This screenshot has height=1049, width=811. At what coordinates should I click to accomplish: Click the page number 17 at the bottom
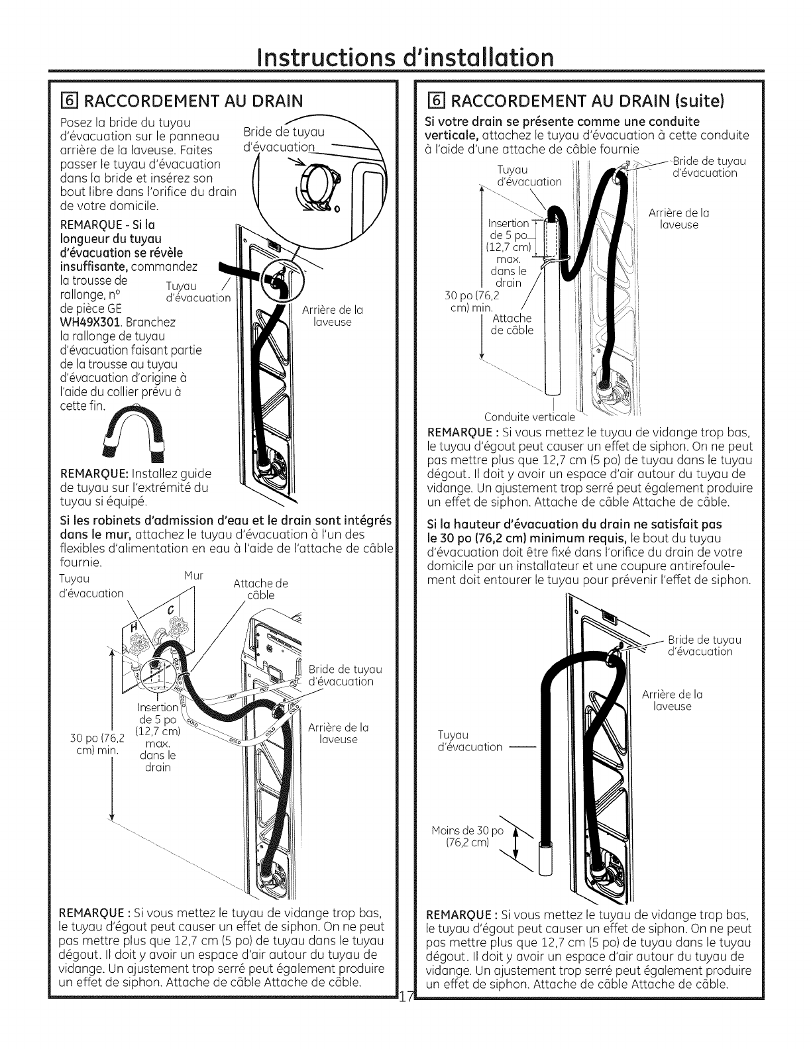[405, 1013]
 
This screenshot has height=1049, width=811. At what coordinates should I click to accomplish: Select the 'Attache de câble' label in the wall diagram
[261, 589]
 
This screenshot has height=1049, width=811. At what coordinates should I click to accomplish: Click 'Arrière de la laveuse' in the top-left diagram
[332, 316]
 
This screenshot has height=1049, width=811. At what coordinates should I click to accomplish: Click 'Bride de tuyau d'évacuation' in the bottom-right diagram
[704, 646]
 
